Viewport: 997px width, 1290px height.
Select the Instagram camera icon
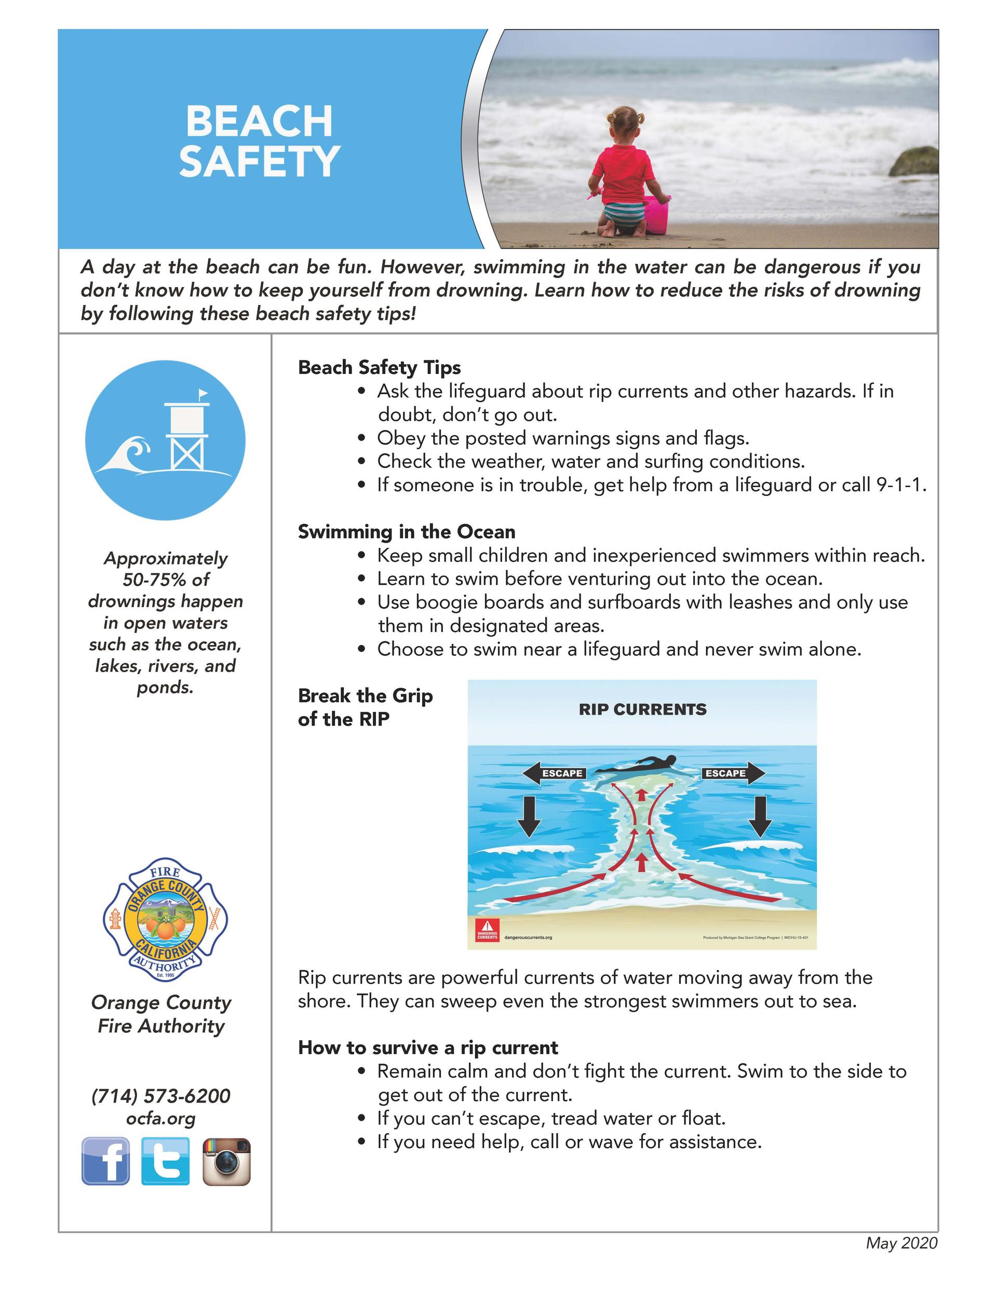coord(226,1161)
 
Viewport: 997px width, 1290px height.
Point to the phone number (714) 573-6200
coord(160,1096)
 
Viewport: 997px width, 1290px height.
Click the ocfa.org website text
coord(160,1118)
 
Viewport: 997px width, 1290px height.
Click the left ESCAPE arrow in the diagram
coord(554,773)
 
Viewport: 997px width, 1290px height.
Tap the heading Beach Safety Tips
coord(379,367)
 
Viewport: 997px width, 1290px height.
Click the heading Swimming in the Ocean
coord(407,532)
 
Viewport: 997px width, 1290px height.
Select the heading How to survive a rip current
coord(428,1047)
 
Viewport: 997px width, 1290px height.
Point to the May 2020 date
coord(901,1243)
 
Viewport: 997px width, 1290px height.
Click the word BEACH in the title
coord(259,121)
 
